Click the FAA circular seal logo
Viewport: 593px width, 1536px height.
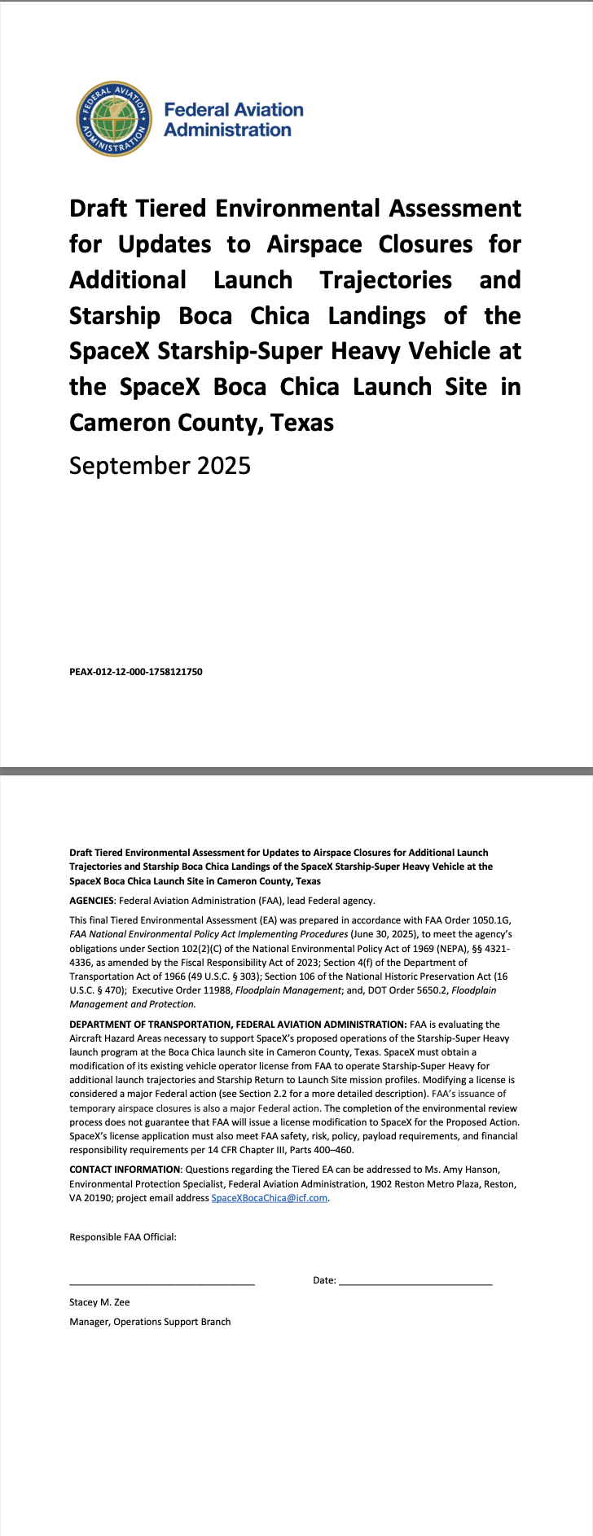click(114, 119)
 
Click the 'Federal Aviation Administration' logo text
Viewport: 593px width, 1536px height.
click(233, 120)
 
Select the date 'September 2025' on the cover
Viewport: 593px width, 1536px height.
click(160, 466)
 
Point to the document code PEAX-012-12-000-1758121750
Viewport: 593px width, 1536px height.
click(136, 672)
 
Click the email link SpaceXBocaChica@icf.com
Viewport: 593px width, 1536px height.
click(269, 1198)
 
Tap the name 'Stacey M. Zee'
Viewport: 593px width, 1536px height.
click(99, 1302)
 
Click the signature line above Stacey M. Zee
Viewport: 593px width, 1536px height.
click(161, 1283)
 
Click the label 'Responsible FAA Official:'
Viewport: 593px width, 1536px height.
click(123, 1237)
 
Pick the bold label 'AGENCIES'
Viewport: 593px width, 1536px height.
click(91, 901)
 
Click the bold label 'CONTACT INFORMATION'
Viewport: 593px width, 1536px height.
click(124, 1170)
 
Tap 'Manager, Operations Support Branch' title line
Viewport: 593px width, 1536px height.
click(150, 1322)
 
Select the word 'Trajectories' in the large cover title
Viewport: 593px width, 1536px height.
click(385, 280)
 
